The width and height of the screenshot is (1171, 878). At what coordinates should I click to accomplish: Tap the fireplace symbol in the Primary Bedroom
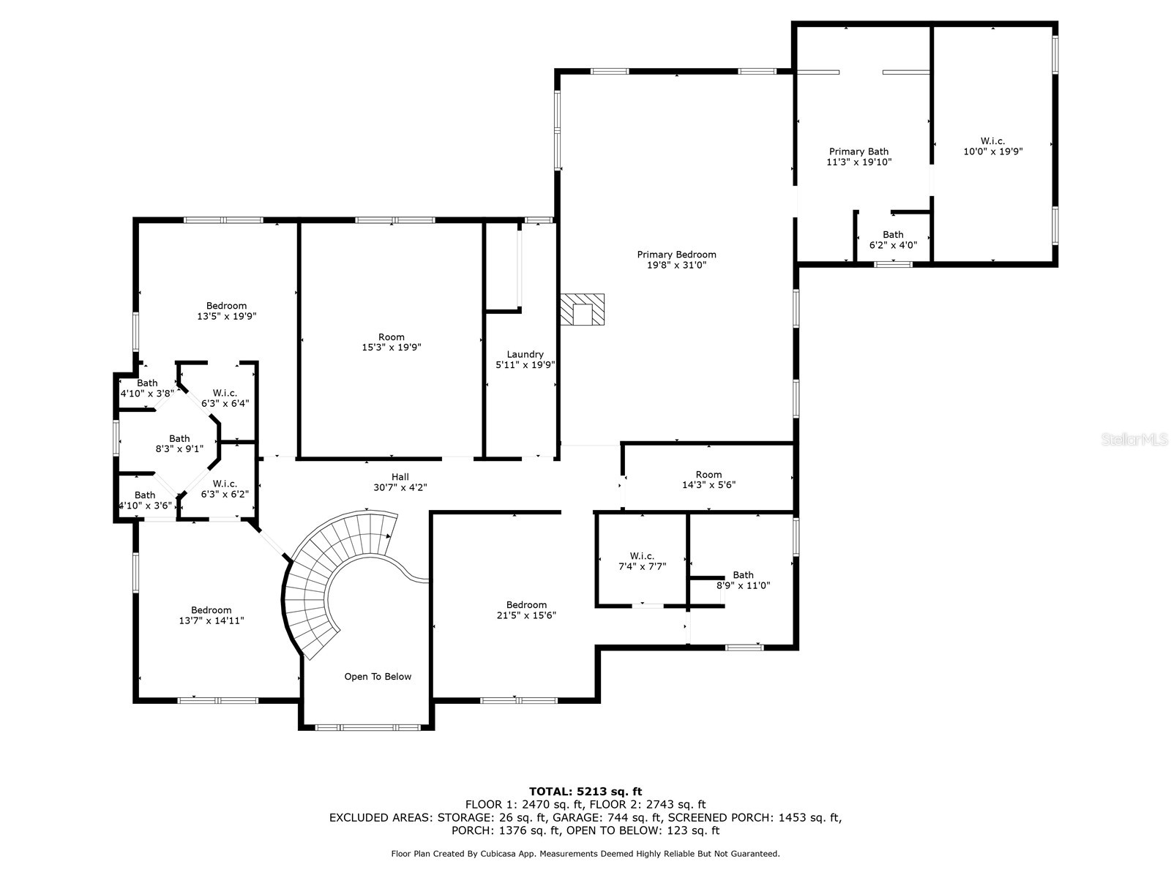coord(583,309)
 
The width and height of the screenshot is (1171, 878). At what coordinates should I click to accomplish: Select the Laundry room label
coord(525,354)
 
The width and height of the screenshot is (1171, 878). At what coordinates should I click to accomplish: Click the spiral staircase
coord(322,585)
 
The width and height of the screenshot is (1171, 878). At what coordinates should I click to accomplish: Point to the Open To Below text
coord(378,677)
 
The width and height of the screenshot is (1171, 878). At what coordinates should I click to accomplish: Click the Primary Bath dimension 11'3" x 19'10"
coord(858,162)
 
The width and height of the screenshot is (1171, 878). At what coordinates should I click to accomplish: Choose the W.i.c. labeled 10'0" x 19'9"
coord(992,146)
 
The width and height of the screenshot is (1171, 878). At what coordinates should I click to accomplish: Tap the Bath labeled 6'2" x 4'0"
coord(893,240)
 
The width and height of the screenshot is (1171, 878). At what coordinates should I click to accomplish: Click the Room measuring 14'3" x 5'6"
coord(708,479)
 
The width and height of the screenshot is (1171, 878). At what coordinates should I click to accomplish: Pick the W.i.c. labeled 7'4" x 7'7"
coord(642,561)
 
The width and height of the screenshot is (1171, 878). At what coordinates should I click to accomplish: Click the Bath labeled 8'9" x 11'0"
coord(743,580)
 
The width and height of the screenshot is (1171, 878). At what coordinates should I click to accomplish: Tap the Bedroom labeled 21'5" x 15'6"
coord(526,609)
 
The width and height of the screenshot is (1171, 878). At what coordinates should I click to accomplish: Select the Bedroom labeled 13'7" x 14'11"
coord(211,615)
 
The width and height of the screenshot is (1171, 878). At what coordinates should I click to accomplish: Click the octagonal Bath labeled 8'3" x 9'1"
coord(179,444)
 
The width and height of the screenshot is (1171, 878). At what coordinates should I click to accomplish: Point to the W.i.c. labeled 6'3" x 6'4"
coord(225,398)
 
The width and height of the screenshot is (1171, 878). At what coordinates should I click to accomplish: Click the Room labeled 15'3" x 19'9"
coord(392,342)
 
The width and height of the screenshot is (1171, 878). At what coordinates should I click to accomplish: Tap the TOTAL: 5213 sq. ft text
coord(585,791)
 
